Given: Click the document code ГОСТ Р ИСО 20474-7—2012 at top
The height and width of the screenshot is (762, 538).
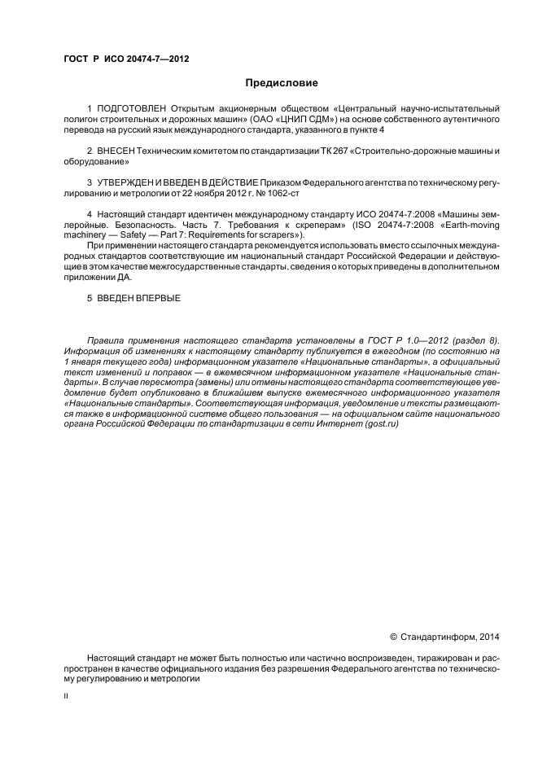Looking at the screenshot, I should [126, 59].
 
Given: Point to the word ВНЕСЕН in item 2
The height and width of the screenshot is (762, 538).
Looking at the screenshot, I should [116, 151].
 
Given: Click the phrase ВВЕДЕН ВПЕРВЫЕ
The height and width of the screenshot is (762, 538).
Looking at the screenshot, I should [140, 298].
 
